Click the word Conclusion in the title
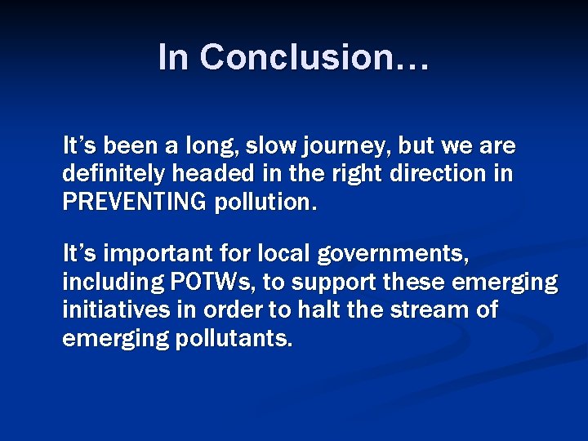[314, 57]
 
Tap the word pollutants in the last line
[234, 338]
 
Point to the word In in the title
[174, 57]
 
